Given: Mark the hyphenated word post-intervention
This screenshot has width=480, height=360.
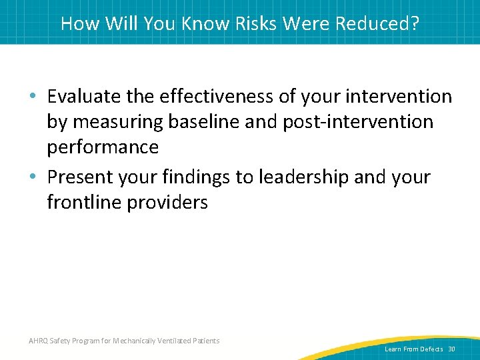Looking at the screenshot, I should point(361,122).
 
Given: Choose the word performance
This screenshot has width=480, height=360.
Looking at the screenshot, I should point(103,147).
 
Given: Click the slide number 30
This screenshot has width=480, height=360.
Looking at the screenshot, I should point(451,349).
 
